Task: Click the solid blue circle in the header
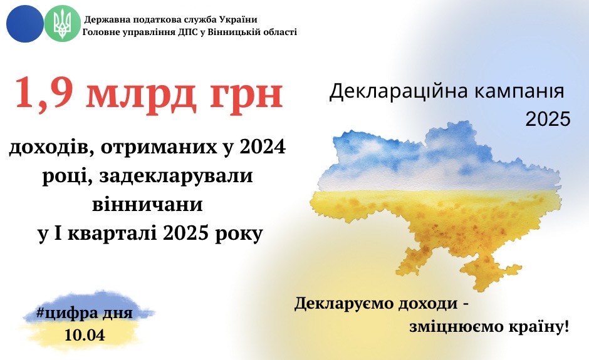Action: pyautogui.click(x=25, y=24)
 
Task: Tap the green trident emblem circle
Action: pyautogui.click(x=63, y=24)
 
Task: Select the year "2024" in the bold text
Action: pyautogui.click(x=263, y=147)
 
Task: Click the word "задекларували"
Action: pyautogui.click(x=176, y=176)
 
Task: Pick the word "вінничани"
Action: pyautogui.click(x=147, y=205)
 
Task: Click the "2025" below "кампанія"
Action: pyautogui.click(x=548, y=119)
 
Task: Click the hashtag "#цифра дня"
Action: pyautogui.click(x=84, y=313)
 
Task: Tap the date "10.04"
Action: pyautogui.click(x=85, y=335)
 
